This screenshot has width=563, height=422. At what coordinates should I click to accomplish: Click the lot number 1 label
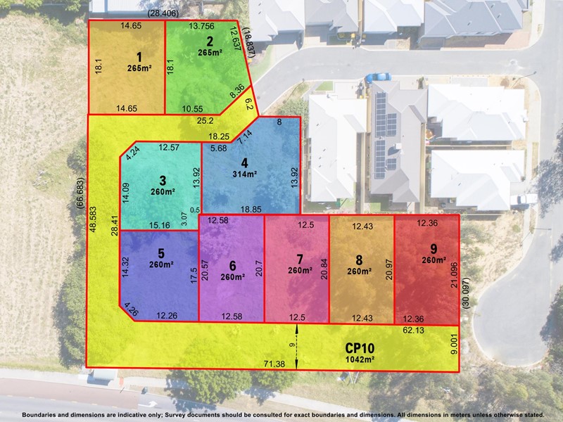(139, 57)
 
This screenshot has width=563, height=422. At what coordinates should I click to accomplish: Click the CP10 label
(360, 347)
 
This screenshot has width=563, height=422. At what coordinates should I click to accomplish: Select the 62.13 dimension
(414, 330)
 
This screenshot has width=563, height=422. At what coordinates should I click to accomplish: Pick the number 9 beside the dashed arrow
(291, 345)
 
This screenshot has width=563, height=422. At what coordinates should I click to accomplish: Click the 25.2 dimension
(205, 120)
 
